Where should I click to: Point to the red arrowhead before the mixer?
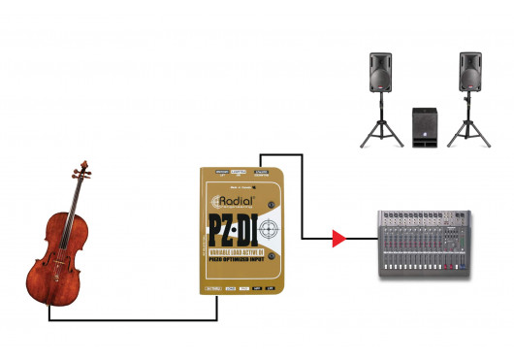(x=338, y=237)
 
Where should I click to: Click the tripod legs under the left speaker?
(x=378, y=129)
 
